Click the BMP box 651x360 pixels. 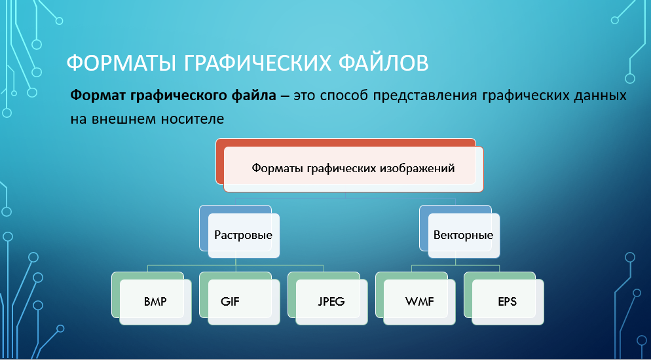tap(155, 302)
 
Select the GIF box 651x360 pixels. tap(244, 302)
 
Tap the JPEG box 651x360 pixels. tap(332, 302)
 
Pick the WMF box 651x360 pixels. tap(420, 302)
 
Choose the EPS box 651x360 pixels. tap(508, 302)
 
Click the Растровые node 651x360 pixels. tap(244, 236)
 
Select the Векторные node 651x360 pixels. tap(464, 236)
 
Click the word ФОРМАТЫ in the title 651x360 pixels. tap(121, 63)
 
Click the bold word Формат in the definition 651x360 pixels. tap(98, 96)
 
